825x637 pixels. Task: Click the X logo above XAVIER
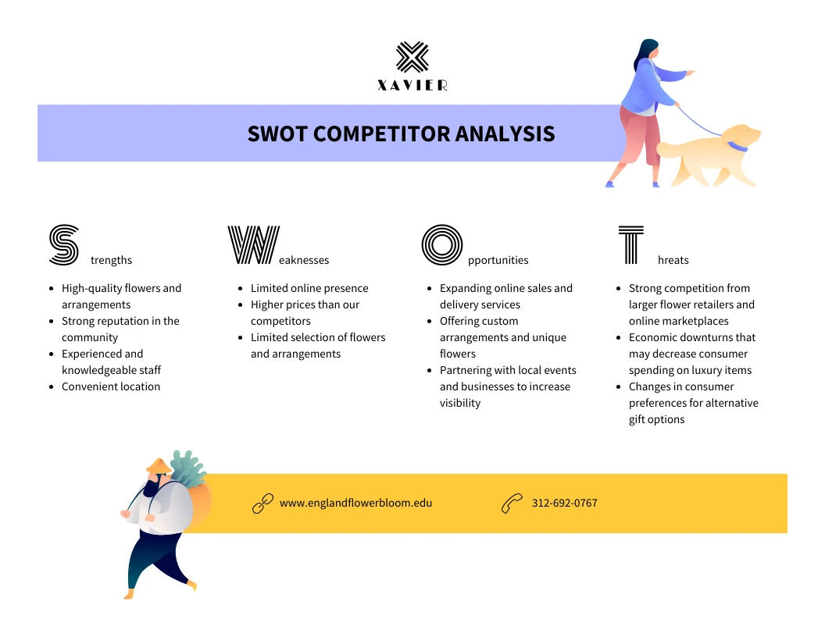pos(412,58)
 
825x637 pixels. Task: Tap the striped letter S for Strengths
pos(64,244)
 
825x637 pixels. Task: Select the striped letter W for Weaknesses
pos(252,244)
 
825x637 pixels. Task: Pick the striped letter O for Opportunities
pos(442,244)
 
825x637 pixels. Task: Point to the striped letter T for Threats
pos(631,244)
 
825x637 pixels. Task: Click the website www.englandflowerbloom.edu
pos(355,503)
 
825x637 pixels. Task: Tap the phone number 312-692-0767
pos(564,503)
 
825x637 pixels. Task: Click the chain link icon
pos(262,504)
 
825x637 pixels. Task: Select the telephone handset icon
pos(512,504)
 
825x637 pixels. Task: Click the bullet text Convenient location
pos(111,386)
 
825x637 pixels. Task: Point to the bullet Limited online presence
pos(309,288)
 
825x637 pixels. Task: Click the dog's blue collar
pos(737,146)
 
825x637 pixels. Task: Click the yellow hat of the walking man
pos(158,466)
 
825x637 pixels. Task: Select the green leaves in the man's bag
pos(186,468)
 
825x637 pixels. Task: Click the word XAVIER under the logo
pos(412,86)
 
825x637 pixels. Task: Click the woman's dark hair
pos(645,52)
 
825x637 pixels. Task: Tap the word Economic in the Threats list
pos(655,337)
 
